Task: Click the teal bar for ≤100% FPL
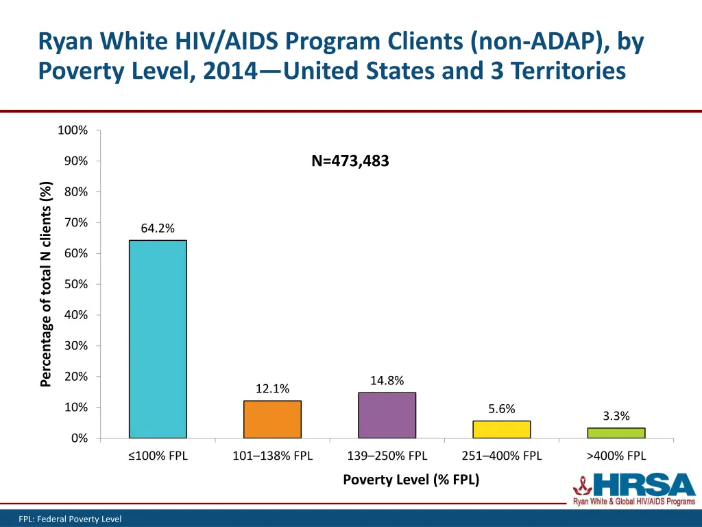(x=158, y=339)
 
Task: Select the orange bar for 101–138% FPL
(x=272, y=419)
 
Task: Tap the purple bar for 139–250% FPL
(x=387, y=415)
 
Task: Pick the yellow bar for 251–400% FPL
(x=501, y=430)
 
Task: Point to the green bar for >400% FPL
(x=616, y=433)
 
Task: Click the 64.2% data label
(x=158, y=229)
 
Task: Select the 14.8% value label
(x=387, y=381)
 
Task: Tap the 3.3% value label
(x=616, y=416)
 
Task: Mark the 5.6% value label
(x=501, y=409)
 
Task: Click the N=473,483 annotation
(x=350, y=161)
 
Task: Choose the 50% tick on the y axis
(x=76, y=284)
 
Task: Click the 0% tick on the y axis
(x=79, y=438)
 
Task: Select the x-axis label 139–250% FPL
(x=387, y=456)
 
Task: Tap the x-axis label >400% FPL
(x=616, y=456)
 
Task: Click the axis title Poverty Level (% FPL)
(x=411, y=480)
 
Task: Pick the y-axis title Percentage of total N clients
(x=46, y=284)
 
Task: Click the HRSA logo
(x=633, y=489)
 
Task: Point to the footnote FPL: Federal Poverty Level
(x=70, y=519)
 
